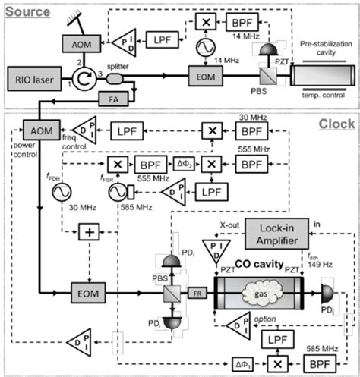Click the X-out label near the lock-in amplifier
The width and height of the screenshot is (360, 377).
tap(232, 224)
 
